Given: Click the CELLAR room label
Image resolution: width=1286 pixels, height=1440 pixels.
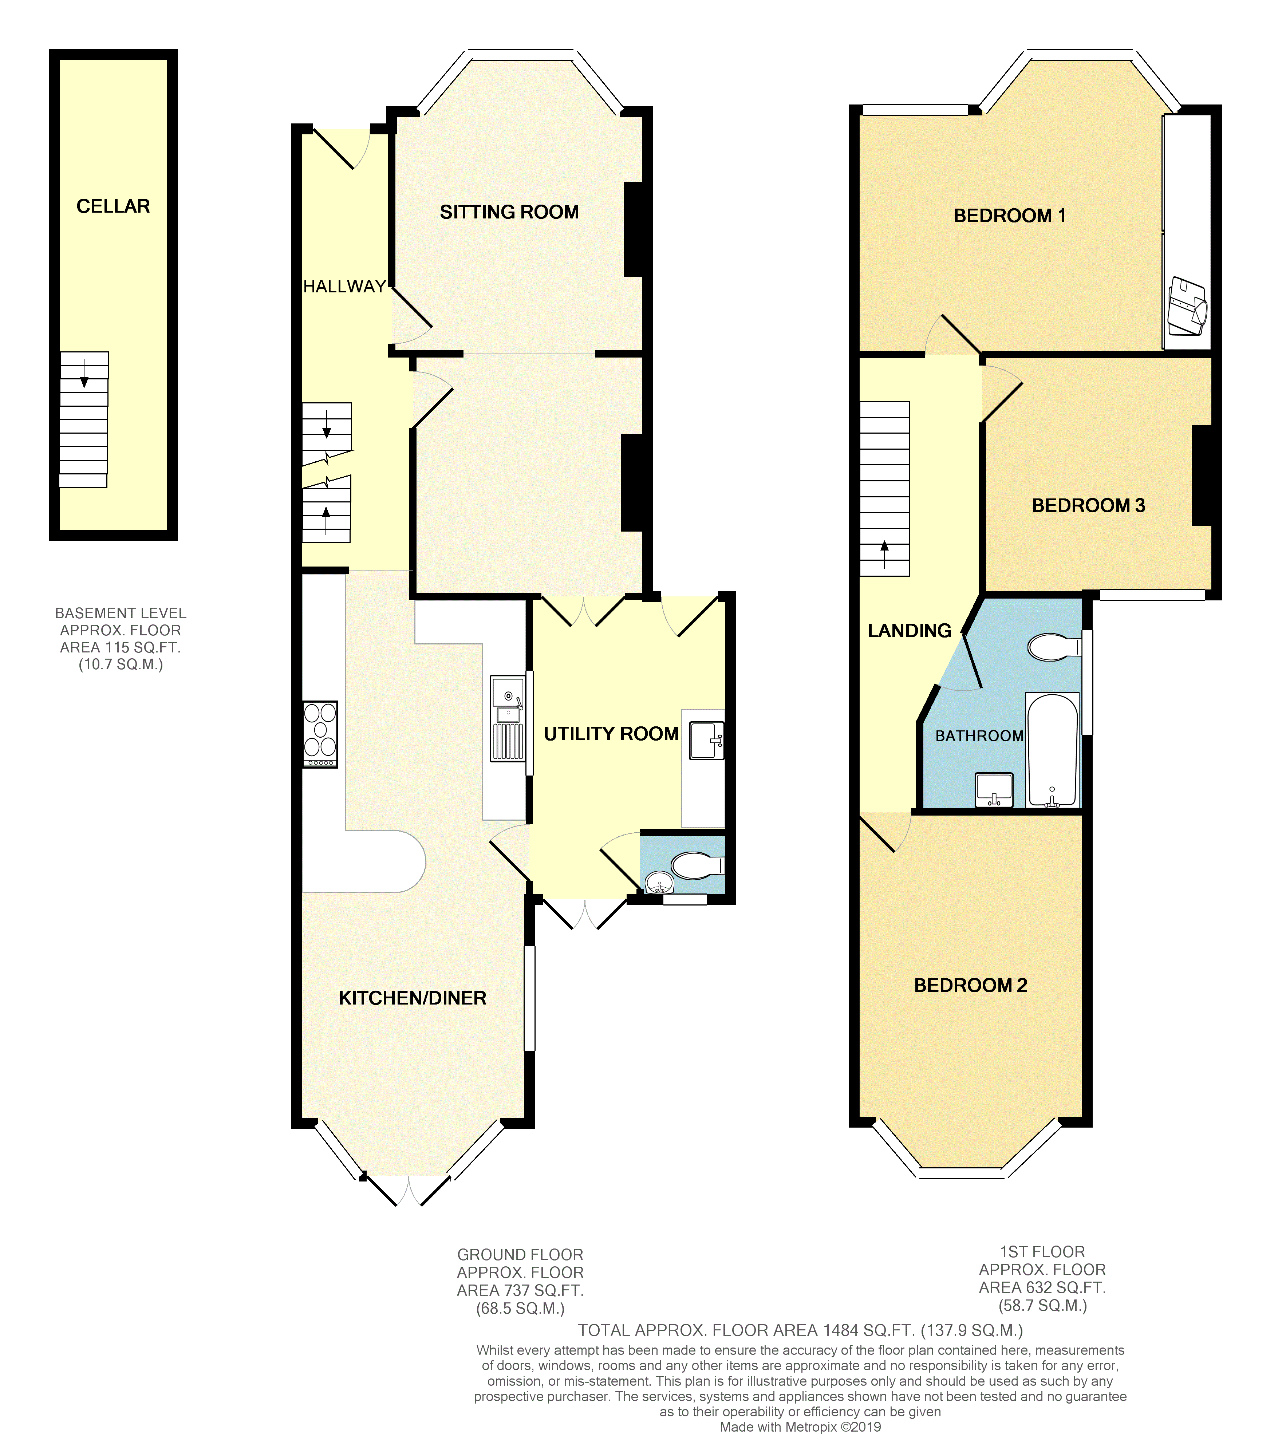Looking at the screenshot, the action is coord(113,206).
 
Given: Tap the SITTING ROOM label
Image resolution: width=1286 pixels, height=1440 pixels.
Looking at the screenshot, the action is coord(509,212).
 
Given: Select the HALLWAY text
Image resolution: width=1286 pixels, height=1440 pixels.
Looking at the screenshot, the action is coord(345,286).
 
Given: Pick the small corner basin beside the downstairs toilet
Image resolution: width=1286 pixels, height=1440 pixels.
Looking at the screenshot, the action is coord(659,883).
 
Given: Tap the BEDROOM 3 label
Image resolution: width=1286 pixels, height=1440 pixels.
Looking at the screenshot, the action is coord(1088,505).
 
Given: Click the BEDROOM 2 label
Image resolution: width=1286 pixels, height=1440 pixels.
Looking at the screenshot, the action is coord(970,985).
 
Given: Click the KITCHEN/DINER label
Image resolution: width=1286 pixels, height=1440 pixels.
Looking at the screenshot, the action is coord(413,998).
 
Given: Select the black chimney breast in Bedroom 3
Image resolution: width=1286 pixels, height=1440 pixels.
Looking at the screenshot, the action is coord(1202,475).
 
